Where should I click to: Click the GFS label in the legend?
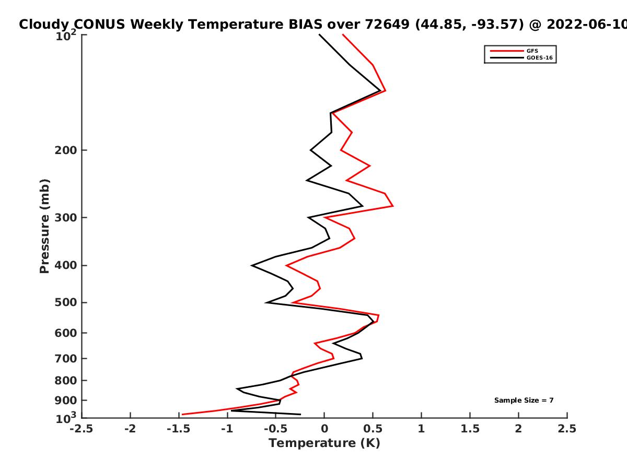532,51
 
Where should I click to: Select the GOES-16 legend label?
539,58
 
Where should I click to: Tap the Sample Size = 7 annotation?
524,401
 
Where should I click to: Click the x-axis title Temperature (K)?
324,443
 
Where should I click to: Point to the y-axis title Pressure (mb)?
44,226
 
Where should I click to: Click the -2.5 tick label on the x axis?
82,429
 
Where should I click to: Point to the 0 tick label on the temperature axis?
324,429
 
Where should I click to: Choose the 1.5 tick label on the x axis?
470,429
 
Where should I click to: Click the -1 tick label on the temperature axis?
227,429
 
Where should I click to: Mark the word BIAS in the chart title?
305,25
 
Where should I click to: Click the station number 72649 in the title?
387,25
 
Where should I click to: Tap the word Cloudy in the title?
44,25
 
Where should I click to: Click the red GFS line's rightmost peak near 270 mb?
393,206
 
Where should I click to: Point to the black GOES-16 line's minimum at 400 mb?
252,265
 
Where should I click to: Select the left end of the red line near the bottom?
182,414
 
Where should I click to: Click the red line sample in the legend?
507,51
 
